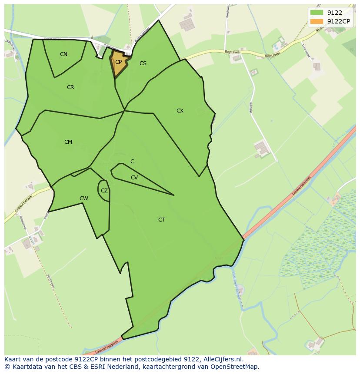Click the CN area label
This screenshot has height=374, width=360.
[63, 54]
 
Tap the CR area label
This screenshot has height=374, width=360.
[70, 87]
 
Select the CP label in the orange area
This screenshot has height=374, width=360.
[118, 62]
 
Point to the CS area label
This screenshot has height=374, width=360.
[143, 63]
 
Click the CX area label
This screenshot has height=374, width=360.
[180, 111]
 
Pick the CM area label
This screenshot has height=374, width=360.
[68, 142]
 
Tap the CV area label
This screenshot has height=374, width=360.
[134, 178]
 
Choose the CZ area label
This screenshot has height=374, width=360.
[104, 191]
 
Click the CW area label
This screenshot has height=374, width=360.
[84, 199]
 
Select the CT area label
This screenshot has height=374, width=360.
[161, 220]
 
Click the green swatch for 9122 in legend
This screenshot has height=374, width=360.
[317, 13]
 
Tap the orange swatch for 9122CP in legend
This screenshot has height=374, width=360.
[317, 21]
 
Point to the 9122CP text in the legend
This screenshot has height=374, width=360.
[339, 21]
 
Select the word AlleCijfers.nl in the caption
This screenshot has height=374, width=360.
[223, 359]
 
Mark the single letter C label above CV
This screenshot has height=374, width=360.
[132, 162]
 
